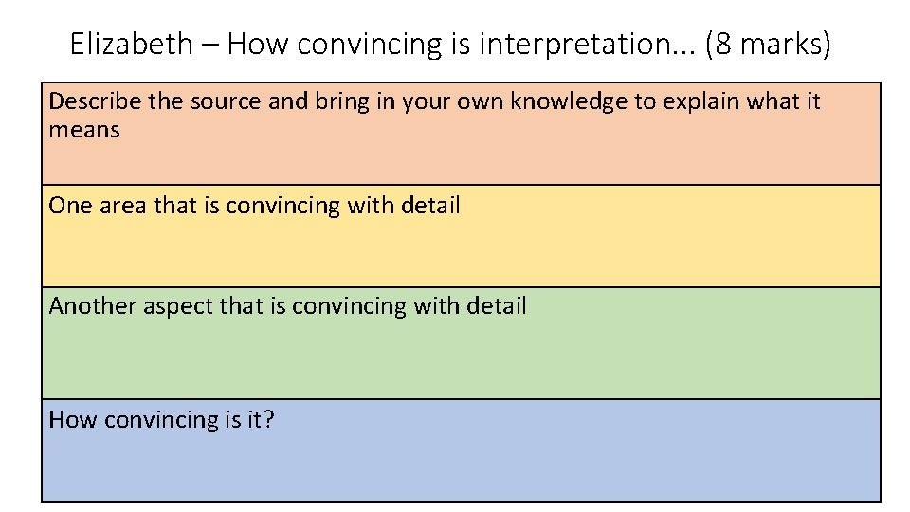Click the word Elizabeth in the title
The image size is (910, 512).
(x=131, y=44)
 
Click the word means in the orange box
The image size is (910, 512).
(x=84, y=130)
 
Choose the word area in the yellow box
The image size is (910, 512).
(x=119, y=205)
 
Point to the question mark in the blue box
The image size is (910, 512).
(x=269, y=419)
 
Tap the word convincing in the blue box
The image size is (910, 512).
(x=160, y=419)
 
